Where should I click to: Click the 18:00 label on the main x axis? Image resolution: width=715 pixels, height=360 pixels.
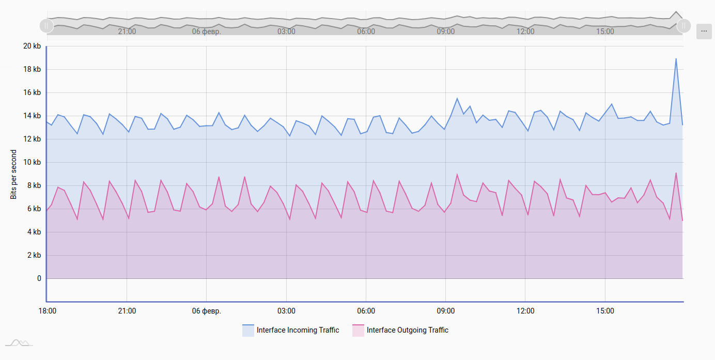click(x=47, y=311)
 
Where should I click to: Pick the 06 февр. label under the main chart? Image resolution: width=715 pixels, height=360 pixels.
click(x=207, y=311)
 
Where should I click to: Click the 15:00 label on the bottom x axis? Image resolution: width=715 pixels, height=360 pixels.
click(x=605, y=311)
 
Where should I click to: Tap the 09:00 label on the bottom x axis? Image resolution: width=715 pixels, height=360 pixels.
click(x=446, y=311)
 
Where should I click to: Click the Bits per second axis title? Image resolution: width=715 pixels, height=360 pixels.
click(x=14, y=175)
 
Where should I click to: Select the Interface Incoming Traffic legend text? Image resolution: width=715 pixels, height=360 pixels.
click(x=298, y=330)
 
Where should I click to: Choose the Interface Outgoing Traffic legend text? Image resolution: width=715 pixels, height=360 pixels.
click(x=407, y=330)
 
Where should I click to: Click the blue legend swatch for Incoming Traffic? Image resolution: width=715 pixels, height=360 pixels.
click(x=248, y=331)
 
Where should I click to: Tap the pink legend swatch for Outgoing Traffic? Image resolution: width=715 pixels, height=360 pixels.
click(x=359, y=331)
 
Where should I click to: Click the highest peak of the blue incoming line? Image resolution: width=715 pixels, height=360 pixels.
click(x=676, y=59)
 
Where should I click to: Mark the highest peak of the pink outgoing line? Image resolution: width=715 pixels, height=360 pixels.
click(x=676, y=173)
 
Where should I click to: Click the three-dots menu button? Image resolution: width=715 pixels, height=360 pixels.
click(x=704, y=31)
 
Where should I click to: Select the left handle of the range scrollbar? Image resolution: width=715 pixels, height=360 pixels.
click(x=46, y=25)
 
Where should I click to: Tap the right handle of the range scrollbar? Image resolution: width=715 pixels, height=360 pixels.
click(x=683, y=25)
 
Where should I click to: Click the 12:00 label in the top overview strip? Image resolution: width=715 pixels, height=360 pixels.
click(x=525, y=32)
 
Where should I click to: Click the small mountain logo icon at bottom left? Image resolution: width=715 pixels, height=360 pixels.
click(x=19, y=342)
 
